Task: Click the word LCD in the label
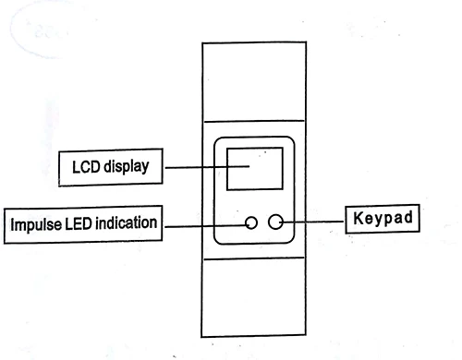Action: coord(87,168)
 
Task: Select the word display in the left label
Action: coord(125,169)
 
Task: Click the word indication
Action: coord(125,223)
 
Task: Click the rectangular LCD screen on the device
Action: coord(249,166)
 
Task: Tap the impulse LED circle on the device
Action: coord(251,222)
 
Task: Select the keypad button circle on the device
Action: coord(274,222)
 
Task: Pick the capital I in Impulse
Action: coord(12,223)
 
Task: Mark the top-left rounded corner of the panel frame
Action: coord(218,140)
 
